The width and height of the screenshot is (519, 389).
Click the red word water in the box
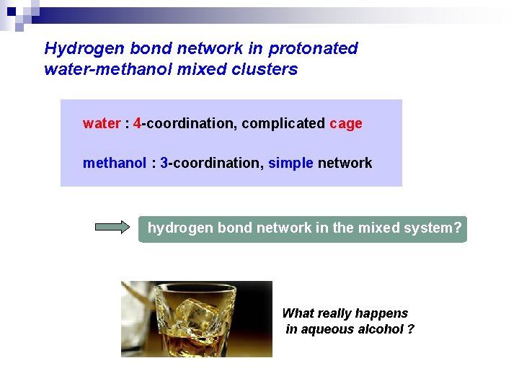[x=102, y=124]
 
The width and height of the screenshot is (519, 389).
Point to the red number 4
[x=137, y=124]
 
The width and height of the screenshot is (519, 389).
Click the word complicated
[x=283, y=124]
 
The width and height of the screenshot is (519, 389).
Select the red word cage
[x=346, y=124]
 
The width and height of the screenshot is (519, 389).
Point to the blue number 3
[x=164, y=164]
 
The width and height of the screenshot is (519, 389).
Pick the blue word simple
[x=290, y=164]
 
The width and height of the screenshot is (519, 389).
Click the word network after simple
[x=345, y=164]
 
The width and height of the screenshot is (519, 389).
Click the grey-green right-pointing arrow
[x=112, y=228]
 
